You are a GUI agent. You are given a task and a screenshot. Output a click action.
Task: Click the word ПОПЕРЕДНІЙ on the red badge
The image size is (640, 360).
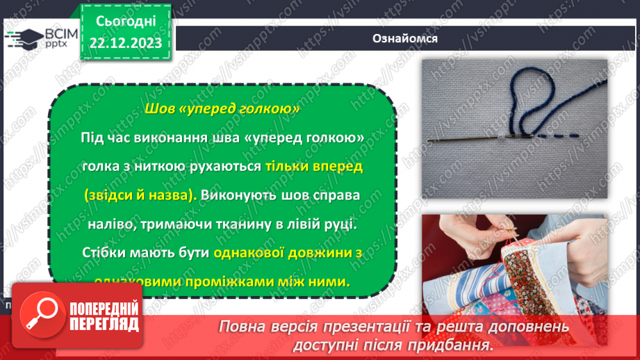[x=105, y=309]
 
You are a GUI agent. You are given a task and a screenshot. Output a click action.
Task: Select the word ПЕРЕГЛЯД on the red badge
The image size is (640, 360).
[x=105, y=324]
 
